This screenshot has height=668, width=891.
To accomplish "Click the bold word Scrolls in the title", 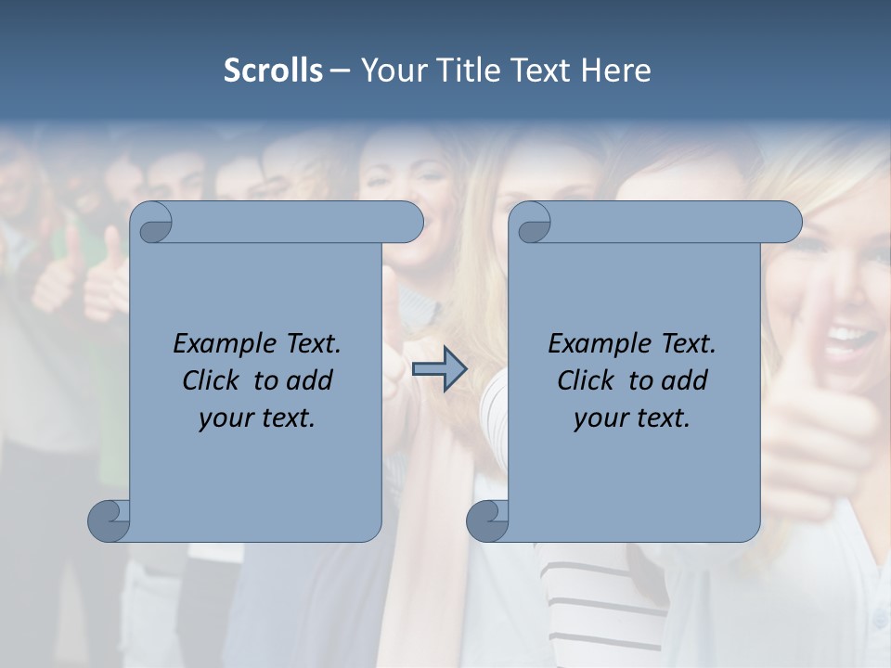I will tap(273, 70).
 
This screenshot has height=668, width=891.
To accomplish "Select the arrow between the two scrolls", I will tap(439, 369).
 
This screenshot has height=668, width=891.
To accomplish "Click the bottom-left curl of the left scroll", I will tap(110, 520).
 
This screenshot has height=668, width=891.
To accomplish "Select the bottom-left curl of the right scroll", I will tap(487, 520).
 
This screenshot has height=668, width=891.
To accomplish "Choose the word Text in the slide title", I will tap(542, 70).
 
